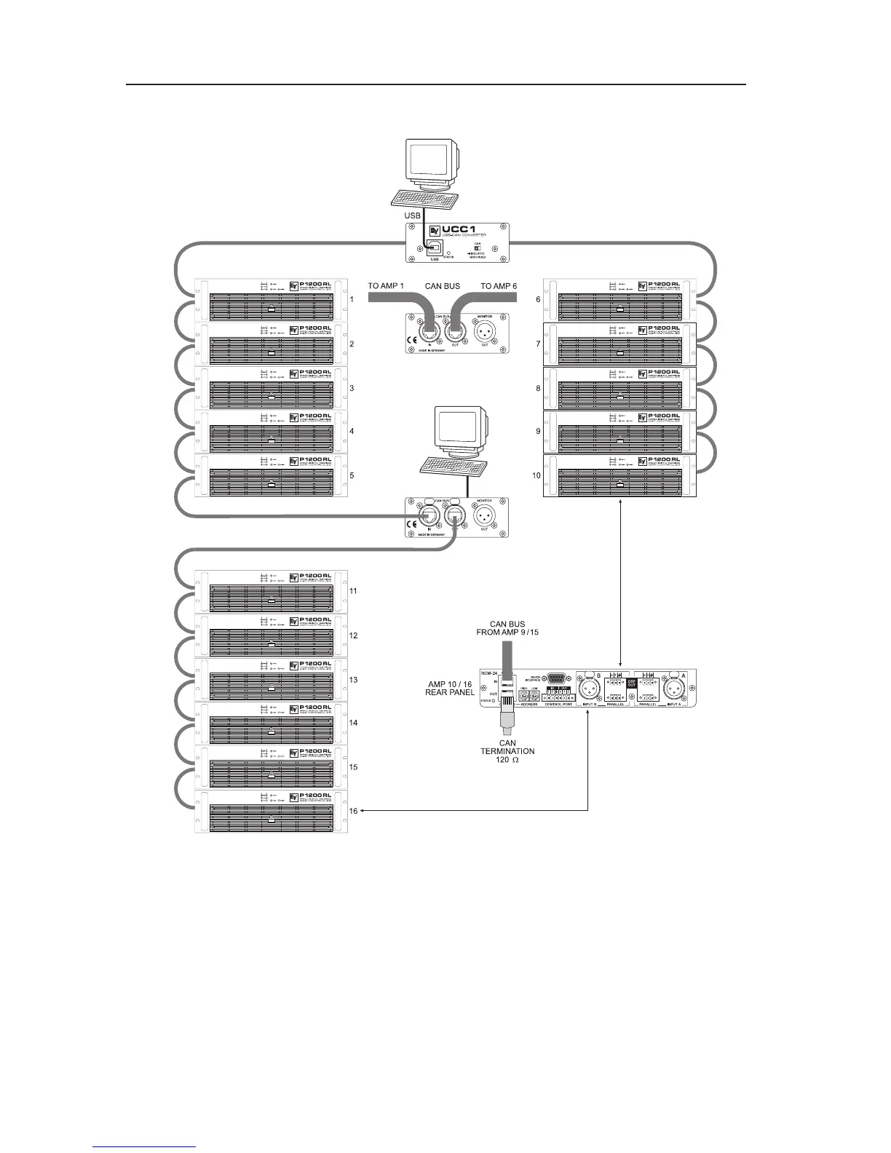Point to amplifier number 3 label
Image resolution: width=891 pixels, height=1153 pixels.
pos(352,389)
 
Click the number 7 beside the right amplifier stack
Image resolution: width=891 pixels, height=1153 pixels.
pos(538,344)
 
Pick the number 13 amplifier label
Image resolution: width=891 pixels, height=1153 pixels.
pos(353,680)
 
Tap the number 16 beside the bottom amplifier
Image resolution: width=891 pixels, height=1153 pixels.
pos(353,811)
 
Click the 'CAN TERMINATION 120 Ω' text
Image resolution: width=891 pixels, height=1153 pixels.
pos(507,751)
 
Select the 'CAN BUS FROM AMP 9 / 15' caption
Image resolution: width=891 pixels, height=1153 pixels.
pos(508,628)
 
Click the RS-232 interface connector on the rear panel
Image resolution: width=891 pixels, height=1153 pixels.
pos(558,677)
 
